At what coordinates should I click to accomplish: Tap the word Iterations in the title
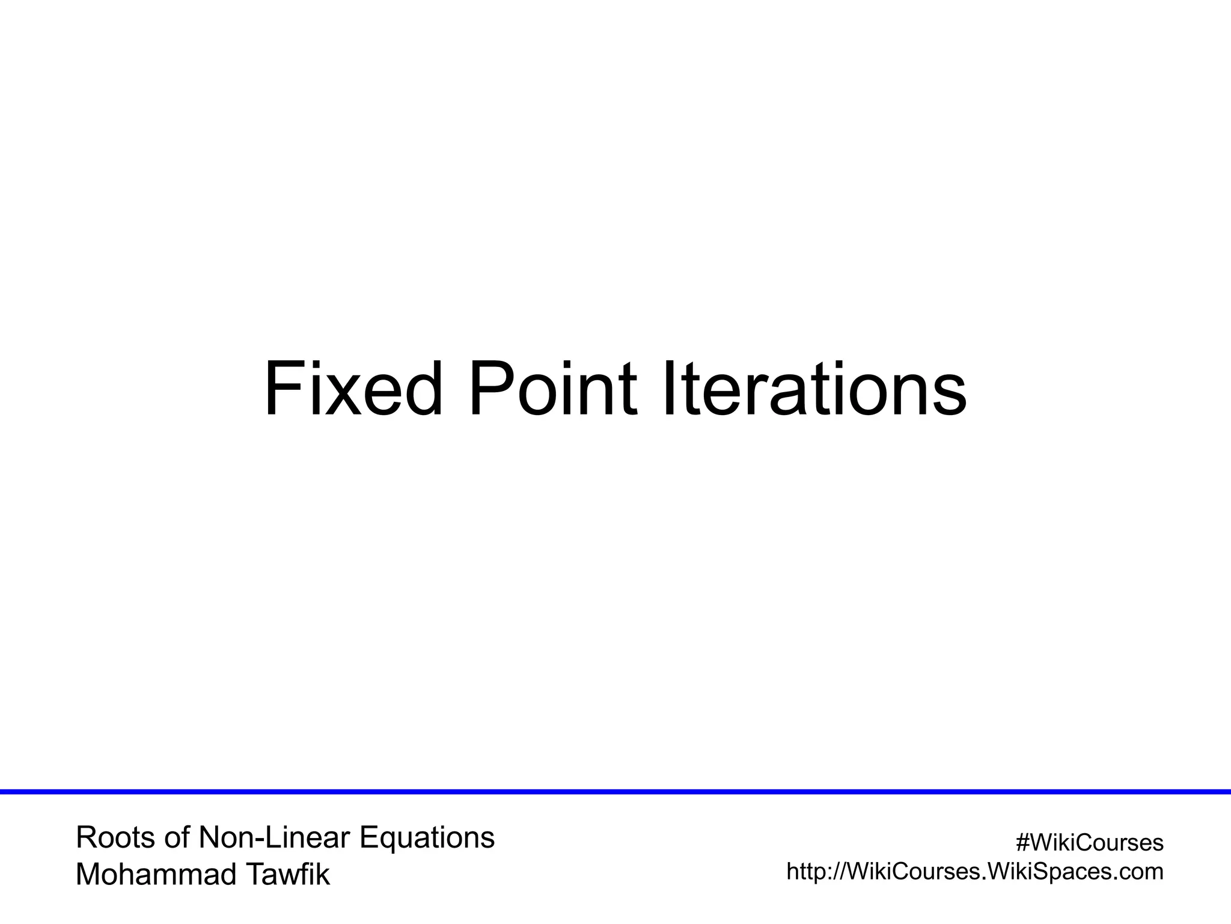click(814, 389)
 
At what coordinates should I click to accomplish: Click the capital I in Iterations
click(668, 389)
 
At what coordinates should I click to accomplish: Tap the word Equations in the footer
click(427, 838)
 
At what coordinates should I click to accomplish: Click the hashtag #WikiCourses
click(1090, 843)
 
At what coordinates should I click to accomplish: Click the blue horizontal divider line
click(615, 792)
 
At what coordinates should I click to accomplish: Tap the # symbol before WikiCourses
click(1022, 843)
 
